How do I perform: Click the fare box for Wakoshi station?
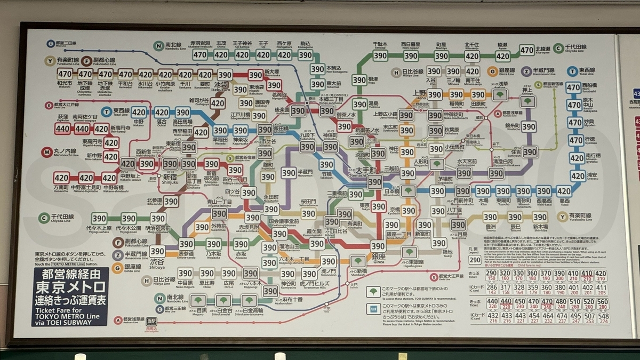coord(65,74)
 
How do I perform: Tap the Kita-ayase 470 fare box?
coord(527,50)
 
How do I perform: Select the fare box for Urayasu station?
coord(578,175)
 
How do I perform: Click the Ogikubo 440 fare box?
coord(62,129)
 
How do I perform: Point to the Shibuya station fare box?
coord(157,251)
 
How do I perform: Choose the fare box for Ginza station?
coord(378,246)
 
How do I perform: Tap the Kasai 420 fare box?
coord(564,191)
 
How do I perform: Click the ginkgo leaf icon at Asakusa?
coord(500,95)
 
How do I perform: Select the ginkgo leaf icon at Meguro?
coord(198,301)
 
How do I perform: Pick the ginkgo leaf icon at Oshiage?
coord(528,101)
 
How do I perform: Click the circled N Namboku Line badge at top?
coord(158,46)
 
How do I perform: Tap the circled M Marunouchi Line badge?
coord(49,151)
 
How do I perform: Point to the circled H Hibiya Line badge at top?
coord(396,72)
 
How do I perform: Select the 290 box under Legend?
coord(475,260)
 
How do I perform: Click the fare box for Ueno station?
coord(435,94)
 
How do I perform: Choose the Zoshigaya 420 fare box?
coord(217,103)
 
